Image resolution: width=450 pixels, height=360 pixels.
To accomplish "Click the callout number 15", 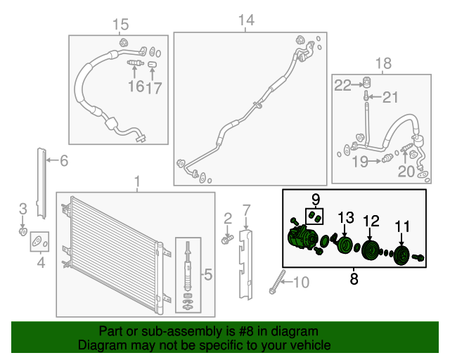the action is pyautogui.click(x=120, y=25).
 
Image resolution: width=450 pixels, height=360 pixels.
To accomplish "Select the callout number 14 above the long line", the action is pyautogui.click(x=246, y=20).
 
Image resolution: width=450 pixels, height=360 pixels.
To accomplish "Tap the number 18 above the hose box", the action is pyautogui.click(x=383, y=63).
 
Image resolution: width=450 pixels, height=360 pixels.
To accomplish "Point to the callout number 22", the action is pyautogui.click(x=342, y=85).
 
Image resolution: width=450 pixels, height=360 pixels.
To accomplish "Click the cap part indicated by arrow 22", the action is pyautogui.click(x=366, y=82).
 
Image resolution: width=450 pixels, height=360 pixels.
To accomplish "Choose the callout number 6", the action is pyautogui.click(x=64, y=160).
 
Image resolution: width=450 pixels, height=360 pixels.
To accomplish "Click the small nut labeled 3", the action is pyautogui.click(x=22, y=231).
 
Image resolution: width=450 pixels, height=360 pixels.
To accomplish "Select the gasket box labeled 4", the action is pyautogui.click(x=39, y=241).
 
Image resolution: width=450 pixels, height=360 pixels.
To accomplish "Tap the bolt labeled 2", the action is pyautogui.click(x=227, y=239).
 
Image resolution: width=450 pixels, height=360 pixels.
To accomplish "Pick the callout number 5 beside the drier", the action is pyautogui.click(x=208, y=274).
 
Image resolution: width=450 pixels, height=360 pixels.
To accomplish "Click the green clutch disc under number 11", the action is pyautogui.click(x=401, y=255).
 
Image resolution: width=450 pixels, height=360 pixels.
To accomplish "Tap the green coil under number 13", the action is pyautogui.click(x=344, y=245).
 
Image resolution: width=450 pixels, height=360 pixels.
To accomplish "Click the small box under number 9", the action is pyautogui.click(x=314, y=217).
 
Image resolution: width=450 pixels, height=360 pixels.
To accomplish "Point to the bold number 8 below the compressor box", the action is pyautogui.click(x=354, y=278).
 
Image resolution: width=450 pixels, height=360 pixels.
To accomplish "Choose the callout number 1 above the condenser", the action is pyautogui.click(x=137, y=182).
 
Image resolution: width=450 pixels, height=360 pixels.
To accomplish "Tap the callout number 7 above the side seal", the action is pyautogui.click(x=247, y=210).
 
